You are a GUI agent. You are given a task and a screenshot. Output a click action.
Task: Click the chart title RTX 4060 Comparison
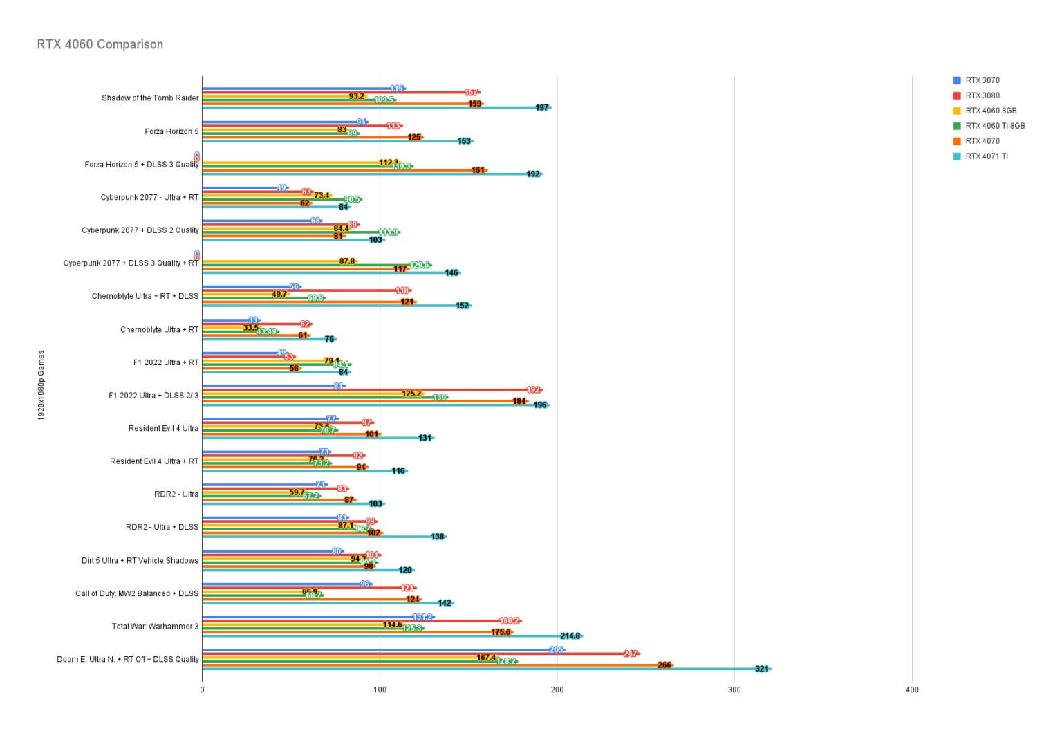coord(100,44)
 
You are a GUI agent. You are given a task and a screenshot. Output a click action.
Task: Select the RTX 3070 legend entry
coord(982,80)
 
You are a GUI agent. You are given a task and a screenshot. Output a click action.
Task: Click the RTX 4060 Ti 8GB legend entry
coord(994,126)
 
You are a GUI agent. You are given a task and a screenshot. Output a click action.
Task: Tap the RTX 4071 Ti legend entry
coord(986,156)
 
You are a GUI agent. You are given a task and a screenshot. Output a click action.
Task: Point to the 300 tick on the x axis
coord(734,690)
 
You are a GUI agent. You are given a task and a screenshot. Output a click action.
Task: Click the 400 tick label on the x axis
coord(912,690)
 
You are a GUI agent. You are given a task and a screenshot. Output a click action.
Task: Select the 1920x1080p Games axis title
coord(41,385)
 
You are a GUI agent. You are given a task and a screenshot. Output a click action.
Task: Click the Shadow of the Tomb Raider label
coord(150,98)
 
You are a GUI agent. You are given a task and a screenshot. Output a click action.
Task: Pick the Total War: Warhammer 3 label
coord(155,627)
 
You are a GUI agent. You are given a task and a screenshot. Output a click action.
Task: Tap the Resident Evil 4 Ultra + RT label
coord(154,461)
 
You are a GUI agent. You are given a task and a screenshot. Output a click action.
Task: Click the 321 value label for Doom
coord(761,669)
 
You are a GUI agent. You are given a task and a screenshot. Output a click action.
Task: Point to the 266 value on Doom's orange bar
coord(664,665)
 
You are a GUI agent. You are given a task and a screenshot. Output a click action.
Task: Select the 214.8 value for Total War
coord(570,636)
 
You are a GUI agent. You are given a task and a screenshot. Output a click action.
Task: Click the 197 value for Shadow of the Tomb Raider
coord(541,108)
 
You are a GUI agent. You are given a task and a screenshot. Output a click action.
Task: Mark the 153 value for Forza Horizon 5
coord(463,141)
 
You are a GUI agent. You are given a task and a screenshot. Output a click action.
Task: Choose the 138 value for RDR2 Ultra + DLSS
coord(437,537)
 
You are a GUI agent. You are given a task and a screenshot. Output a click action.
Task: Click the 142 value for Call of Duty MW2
coord(444,603)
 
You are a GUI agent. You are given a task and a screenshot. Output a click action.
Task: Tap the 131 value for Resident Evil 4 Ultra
coord(425,438)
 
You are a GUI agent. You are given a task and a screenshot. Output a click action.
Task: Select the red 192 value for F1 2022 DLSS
coord(532,390)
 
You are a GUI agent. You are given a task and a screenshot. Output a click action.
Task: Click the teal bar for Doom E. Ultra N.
coord(484,669)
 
